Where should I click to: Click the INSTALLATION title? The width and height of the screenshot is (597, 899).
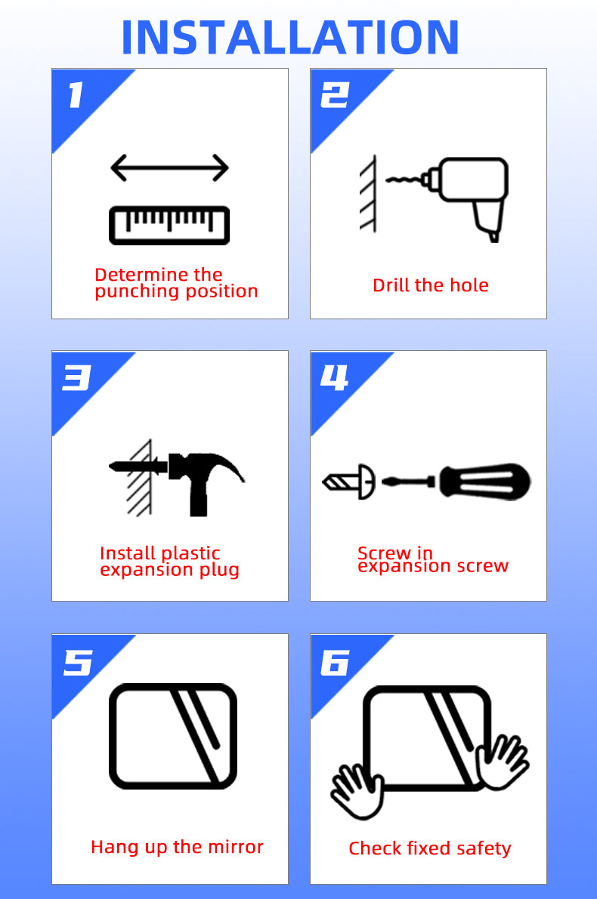coord(290,38)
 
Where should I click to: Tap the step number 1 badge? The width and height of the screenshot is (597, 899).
coord(76,94)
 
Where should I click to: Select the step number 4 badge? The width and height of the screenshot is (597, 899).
coord(334,378)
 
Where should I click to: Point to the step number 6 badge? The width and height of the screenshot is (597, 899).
coord(335,662)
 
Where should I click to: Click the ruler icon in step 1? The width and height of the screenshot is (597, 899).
coord(169,226)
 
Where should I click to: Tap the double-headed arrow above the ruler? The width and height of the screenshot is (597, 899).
coord(169,168)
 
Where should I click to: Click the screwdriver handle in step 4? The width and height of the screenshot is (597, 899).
coord(485,482)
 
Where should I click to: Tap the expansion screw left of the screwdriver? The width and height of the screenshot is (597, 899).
coord(349,482)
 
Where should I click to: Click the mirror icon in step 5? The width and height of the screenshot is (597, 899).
coord(173,736)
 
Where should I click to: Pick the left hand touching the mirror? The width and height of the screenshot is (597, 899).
coord(357,790)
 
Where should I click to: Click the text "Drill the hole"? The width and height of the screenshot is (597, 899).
coord(431,285)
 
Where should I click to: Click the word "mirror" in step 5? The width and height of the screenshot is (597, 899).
coord(234,846)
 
